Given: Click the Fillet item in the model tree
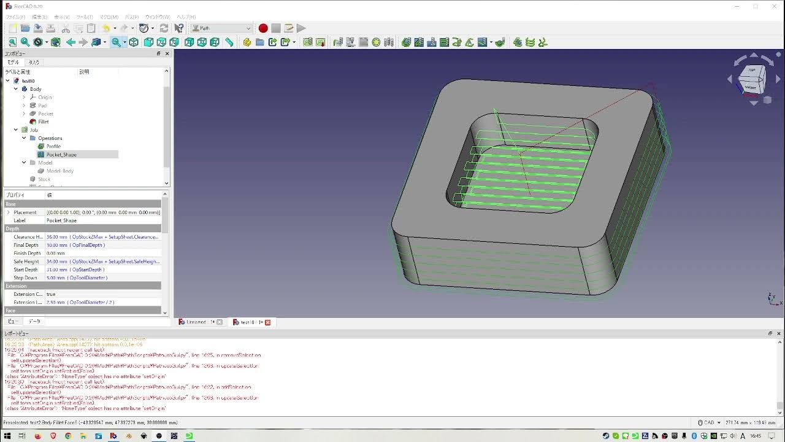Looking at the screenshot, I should tap(43, 122).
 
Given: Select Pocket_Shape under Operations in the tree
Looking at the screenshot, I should tap(61, 155).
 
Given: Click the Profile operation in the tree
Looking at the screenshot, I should tap(53, 146).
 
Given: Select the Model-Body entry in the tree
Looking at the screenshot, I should tap(59, 171).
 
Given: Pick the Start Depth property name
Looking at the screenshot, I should tap(26, 269).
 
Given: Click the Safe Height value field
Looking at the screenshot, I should tap(102, 262).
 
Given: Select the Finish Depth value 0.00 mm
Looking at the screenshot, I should tap(56, 253).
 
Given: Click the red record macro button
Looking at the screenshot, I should tap(263, 28).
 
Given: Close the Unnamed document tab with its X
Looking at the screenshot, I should tap(220, 322).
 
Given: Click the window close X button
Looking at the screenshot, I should tap(774, 6).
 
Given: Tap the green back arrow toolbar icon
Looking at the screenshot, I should tap(71, 42).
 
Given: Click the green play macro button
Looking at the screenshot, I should tap(301, 28).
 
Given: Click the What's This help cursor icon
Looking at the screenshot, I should tap(179, 28).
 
